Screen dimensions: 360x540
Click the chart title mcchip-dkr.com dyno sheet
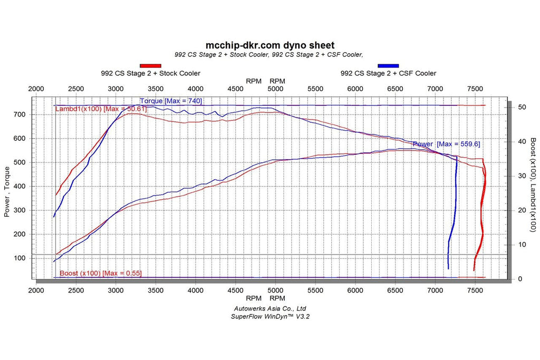coord(269,46)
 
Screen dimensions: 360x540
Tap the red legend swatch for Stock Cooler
coord(150,65)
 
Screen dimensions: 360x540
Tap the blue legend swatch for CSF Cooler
coord(388,65)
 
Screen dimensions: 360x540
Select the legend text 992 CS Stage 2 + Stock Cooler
coord(150,73)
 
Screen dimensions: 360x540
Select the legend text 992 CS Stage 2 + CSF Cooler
coord(388,73)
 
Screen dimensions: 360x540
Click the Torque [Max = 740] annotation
coord(171,101)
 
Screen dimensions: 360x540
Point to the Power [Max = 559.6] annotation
coord(446,144)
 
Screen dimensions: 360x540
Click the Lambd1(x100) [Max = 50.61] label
coord(101,109)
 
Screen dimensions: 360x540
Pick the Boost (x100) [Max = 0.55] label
coord(100,273)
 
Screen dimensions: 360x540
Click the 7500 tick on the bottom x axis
coord(475,290)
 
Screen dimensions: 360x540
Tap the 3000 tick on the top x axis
coord(115,89)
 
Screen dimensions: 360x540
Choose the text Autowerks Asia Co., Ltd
coord(269,308)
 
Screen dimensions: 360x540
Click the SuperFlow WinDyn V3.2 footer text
coord(269,316)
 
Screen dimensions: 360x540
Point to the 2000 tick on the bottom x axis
coord(36,290)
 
